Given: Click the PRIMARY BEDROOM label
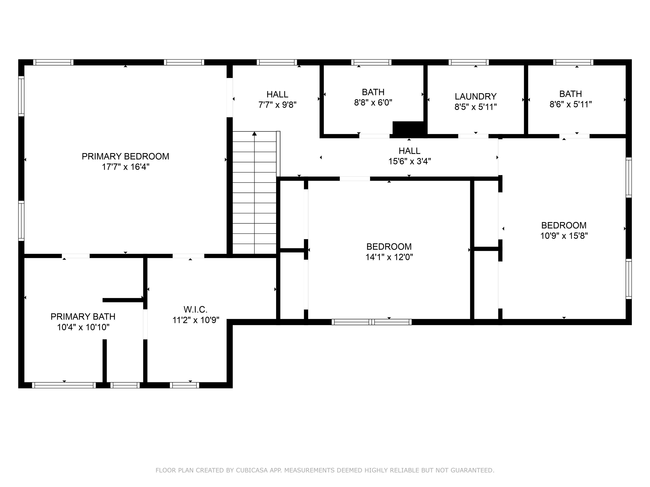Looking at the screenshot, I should click(x=125, y=156).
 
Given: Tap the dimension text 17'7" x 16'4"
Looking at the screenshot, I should click(x=125, y=167).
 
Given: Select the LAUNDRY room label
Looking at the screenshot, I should click(x=475, y=96).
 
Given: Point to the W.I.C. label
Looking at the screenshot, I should click(x=196, y=309).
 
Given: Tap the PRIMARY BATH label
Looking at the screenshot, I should click(x=83, y=317).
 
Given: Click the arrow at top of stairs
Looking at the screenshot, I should click(x=255, y=134).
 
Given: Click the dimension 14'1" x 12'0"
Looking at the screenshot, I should click(x=389, y=257).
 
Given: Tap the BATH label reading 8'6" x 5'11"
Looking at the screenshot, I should click(x=570, y=94).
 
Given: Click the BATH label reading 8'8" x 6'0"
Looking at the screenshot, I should click(x=373, y=92).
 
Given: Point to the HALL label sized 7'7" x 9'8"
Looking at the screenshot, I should click(x=277, y=94).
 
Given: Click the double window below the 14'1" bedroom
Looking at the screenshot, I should click(x=371, y=322).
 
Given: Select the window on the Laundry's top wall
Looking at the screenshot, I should click(x=468, y=62).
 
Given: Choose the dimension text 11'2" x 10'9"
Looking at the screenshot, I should click(x=196, y=320).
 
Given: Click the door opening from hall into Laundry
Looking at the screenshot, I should click(x=473, y=136).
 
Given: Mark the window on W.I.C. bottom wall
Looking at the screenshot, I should click(x=184, y=385).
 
